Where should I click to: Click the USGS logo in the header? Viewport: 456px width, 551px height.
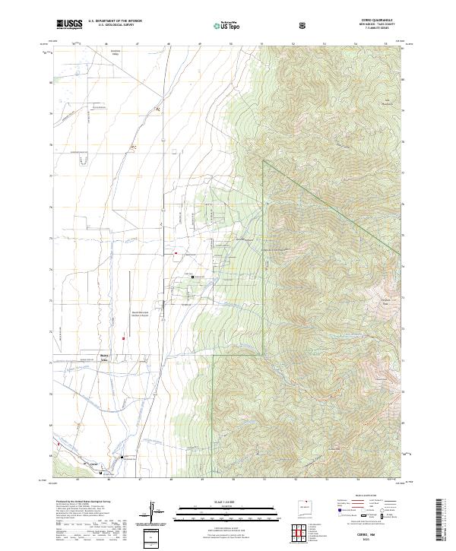69,24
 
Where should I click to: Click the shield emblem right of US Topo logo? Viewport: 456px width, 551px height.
304,25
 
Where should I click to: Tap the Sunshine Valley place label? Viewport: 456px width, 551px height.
95,54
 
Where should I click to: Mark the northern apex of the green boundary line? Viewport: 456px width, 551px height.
264,160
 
